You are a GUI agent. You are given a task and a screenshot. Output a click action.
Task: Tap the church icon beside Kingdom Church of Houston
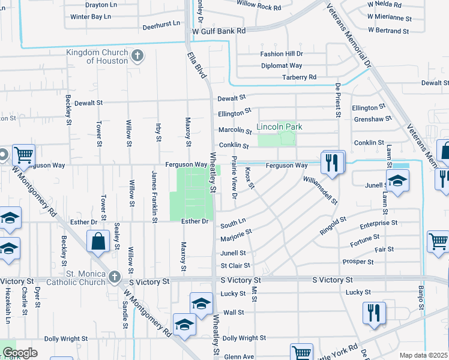137,56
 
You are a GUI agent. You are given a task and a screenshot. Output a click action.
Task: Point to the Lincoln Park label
279,127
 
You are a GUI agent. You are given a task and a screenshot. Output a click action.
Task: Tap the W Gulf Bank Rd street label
218,31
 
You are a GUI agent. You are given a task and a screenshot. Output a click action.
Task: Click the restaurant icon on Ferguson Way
332,163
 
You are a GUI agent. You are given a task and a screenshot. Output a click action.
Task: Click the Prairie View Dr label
234,178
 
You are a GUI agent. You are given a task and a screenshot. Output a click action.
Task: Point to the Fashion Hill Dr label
281,53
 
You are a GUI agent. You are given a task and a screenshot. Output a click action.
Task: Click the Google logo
19,353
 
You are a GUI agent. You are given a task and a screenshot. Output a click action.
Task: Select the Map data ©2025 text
423,355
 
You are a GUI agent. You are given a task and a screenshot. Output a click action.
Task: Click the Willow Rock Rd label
259,7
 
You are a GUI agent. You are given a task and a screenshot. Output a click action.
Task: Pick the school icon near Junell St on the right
397,181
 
